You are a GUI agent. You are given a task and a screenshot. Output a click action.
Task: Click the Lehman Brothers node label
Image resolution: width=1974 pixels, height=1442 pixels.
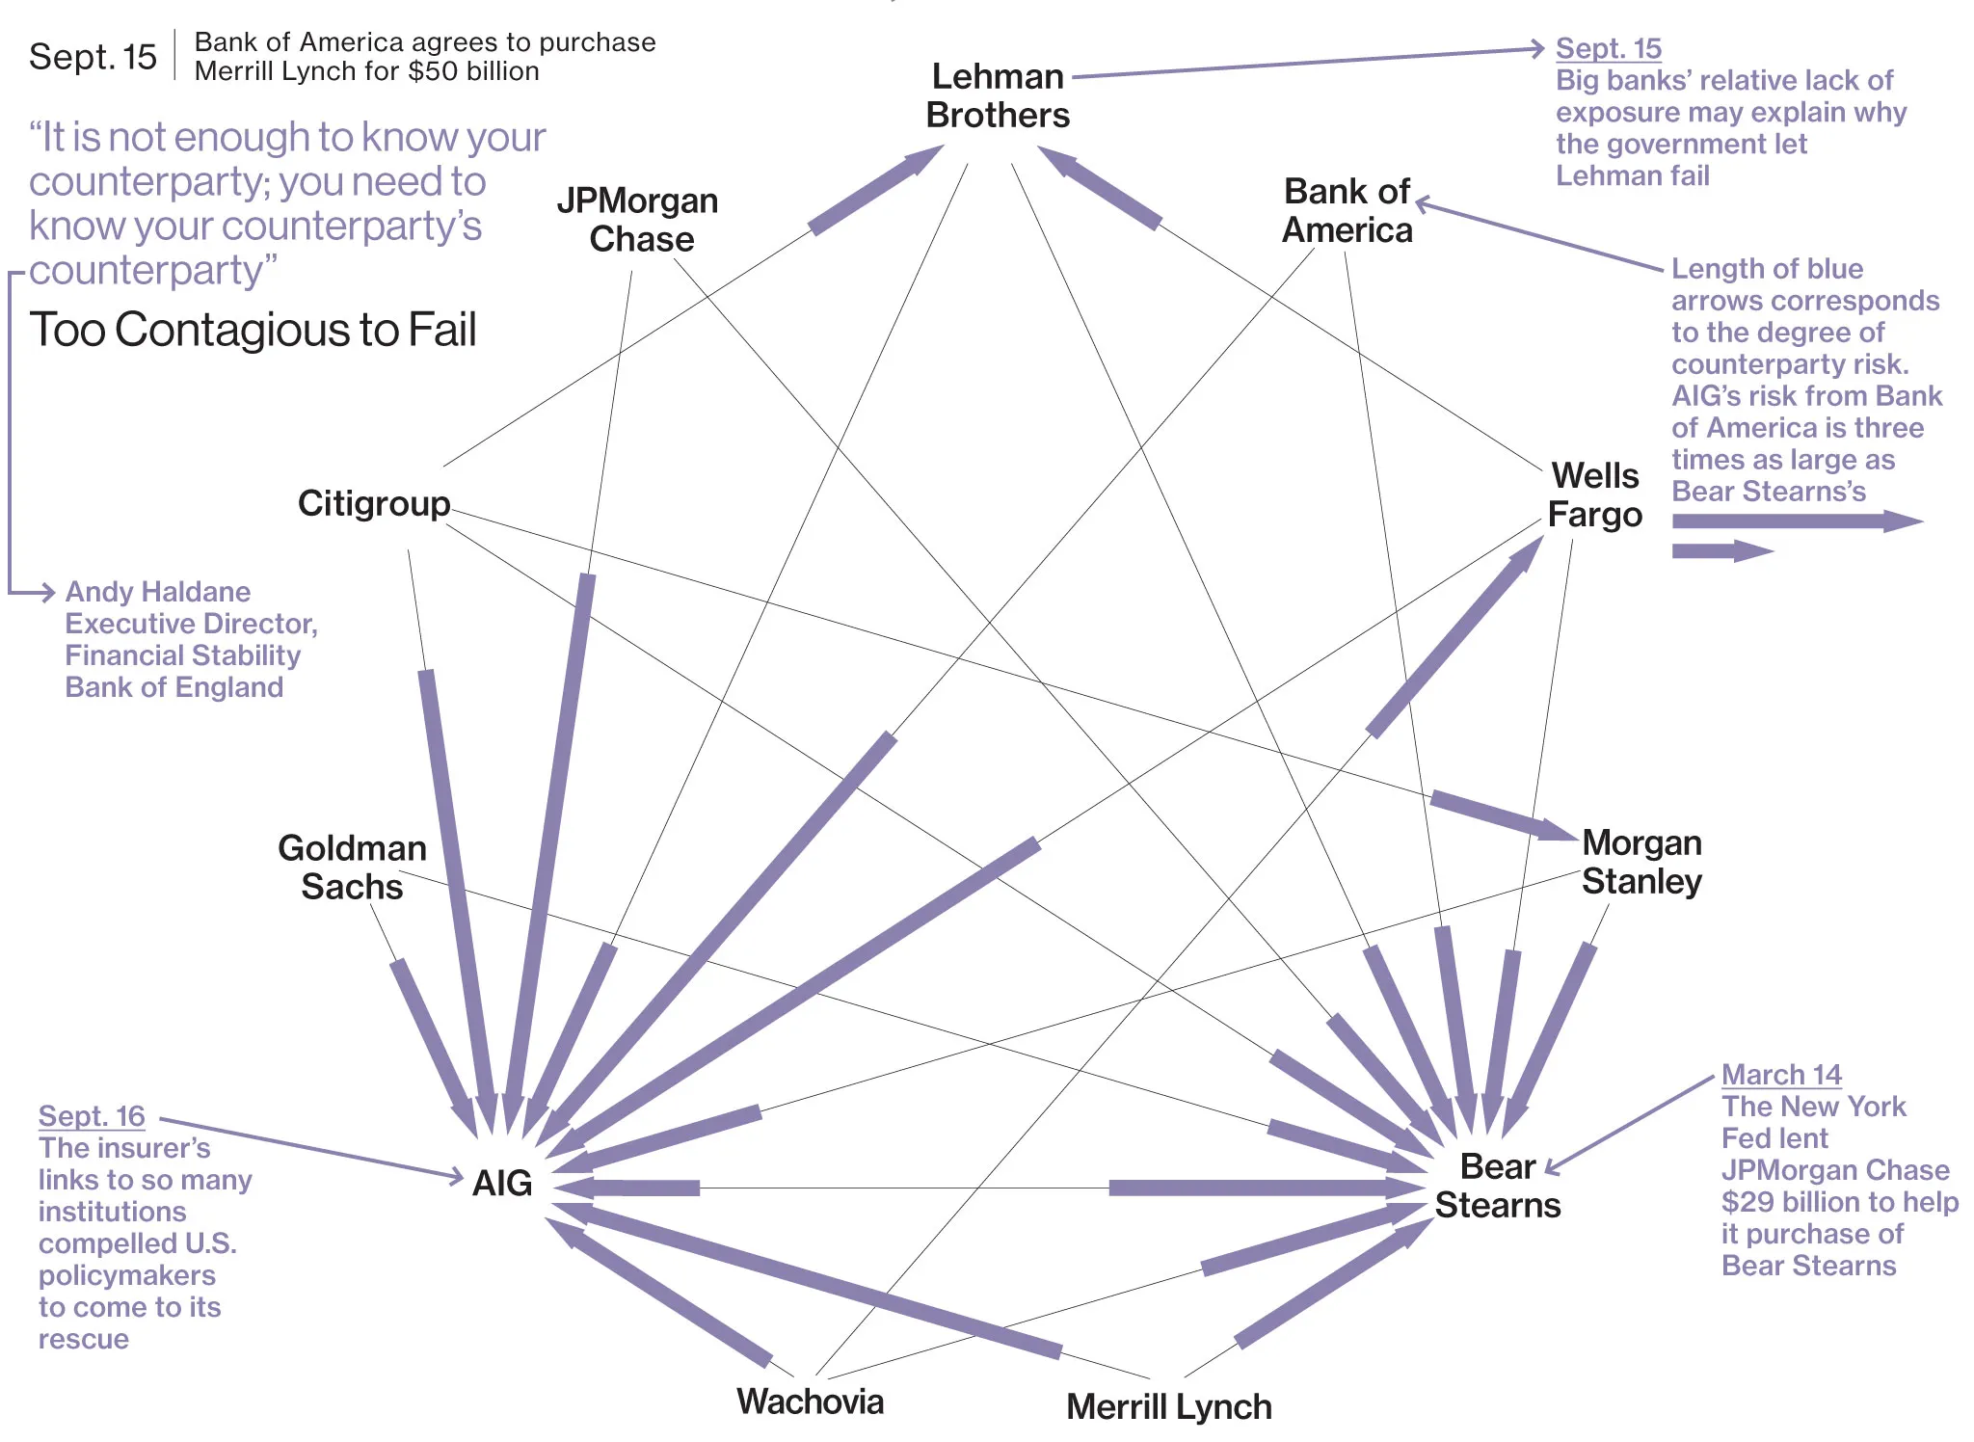(x=998, y=95)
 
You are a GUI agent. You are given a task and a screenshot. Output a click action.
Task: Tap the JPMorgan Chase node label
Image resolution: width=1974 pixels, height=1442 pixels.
(x=638, y=220)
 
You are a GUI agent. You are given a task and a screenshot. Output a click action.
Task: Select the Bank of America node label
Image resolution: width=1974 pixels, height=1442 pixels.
(x=1347, y=211)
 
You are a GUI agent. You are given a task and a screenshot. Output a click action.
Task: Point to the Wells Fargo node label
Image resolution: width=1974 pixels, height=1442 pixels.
(x=1594, y=495)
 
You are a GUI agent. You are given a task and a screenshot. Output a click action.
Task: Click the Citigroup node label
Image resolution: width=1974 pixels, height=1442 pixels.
(x=374, y=503)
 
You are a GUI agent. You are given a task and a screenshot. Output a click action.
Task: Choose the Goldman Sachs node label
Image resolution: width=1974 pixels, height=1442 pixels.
(x=352, y=868)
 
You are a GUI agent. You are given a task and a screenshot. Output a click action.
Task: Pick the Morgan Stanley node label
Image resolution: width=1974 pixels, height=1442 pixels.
(x=1641, y=862)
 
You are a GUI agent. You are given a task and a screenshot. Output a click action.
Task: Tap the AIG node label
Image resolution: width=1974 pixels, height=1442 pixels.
(x=502, y=1183)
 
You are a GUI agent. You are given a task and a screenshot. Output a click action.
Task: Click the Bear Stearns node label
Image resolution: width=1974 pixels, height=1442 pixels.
(x=1497, y=1186)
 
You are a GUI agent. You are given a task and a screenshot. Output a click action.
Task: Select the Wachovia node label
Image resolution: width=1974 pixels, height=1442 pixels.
(x=810, y=1402)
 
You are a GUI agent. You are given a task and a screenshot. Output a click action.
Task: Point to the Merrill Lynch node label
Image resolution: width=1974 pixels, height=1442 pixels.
(x=1168, y=1407)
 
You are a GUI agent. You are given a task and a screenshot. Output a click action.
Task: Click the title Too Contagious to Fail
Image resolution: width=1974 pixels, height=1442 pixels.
(x=253, y=330)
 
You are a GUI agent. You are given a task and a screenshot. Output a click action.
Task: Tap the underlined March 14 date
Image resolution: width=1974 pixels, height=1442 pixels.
(x=1781, y=1075)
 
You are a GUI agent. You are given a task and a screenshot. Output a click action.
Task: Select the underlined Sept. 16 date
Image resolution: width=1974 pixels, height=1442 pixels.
(x=92, y=1116)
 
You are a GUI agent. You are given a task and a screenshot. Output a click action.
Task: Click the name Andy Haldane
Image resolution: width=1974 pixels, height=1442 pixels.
(x=157, y=592)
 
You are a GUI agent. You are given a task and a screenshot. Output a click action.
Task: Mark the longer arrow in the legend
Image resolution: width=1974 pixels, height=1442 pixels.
(x=1797, y=521)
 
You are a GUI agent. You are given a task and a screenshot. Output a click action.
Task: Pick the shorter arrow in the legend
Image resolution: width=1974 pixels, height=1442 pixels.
(x=1721, y=551)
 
